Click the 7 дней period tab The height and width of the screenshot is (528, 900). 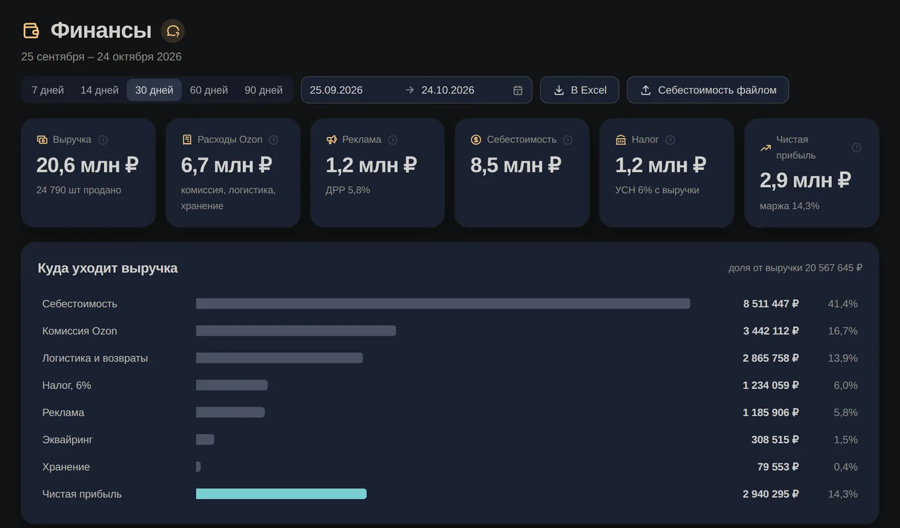[x=48, y=90]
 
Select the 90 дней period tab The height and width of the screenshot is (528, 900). [x=263, y=90]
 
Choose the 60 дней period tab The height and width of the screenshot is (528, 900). [x=208, y=90]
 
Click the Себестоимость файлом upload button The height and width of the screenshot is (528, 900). [x=708, y=90]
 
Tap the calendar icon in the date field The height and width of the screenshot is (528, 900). [x=517, y=91]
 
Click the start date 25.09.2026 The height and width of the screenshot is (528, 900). [x=336, y=90]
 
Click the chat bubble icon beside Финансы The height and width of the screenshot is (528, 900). [x=173, y=31]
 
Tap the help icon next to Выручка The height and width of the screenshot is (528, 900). [x=103, y=140]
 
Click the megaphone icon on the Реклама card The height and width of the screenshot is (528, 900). [x=332, y=140]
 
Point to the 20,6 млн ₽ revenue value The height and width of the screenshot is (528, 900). [x=87, y=165]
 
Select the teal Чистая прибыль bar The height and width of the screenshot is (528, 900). [x=282, y=494]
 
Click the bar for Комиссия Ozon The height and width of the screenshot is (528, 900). [x=296, y=331]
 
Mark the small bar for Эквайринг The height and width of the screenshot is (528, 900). [x=205, y=440]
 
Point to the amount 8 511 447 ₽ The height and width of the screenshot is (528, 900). [x=771, y=304]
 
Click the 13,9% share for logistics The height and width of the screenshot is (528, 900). [x=843, y=358]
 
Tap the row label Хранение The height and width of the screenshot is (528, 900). [x=66, y=467]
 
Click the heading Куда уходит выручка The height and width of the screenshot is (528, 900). [x=108, y=268]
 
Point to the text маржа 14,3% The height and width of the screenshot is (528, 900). [x=789, y=206]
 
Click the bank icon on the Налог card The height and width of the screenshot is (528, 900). [x=621, y=140]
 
